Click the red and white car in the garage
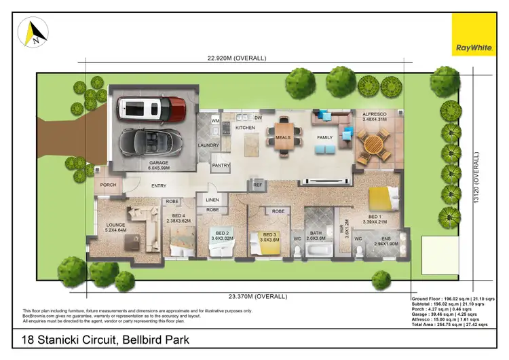[x=150, y=107]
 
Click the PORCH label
[x=109, y=185]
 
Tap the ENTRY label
[x=158, y=185]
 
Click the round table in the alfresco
[x=373, y=144]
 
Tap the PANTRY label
[x=221, y=165]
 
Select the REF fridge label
[x=257, y=183]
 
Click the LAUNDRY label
[x=207, y=145]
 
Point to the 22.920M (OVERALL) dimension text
[x=231, y=58]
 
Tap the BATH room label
[x=316, y=234]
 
